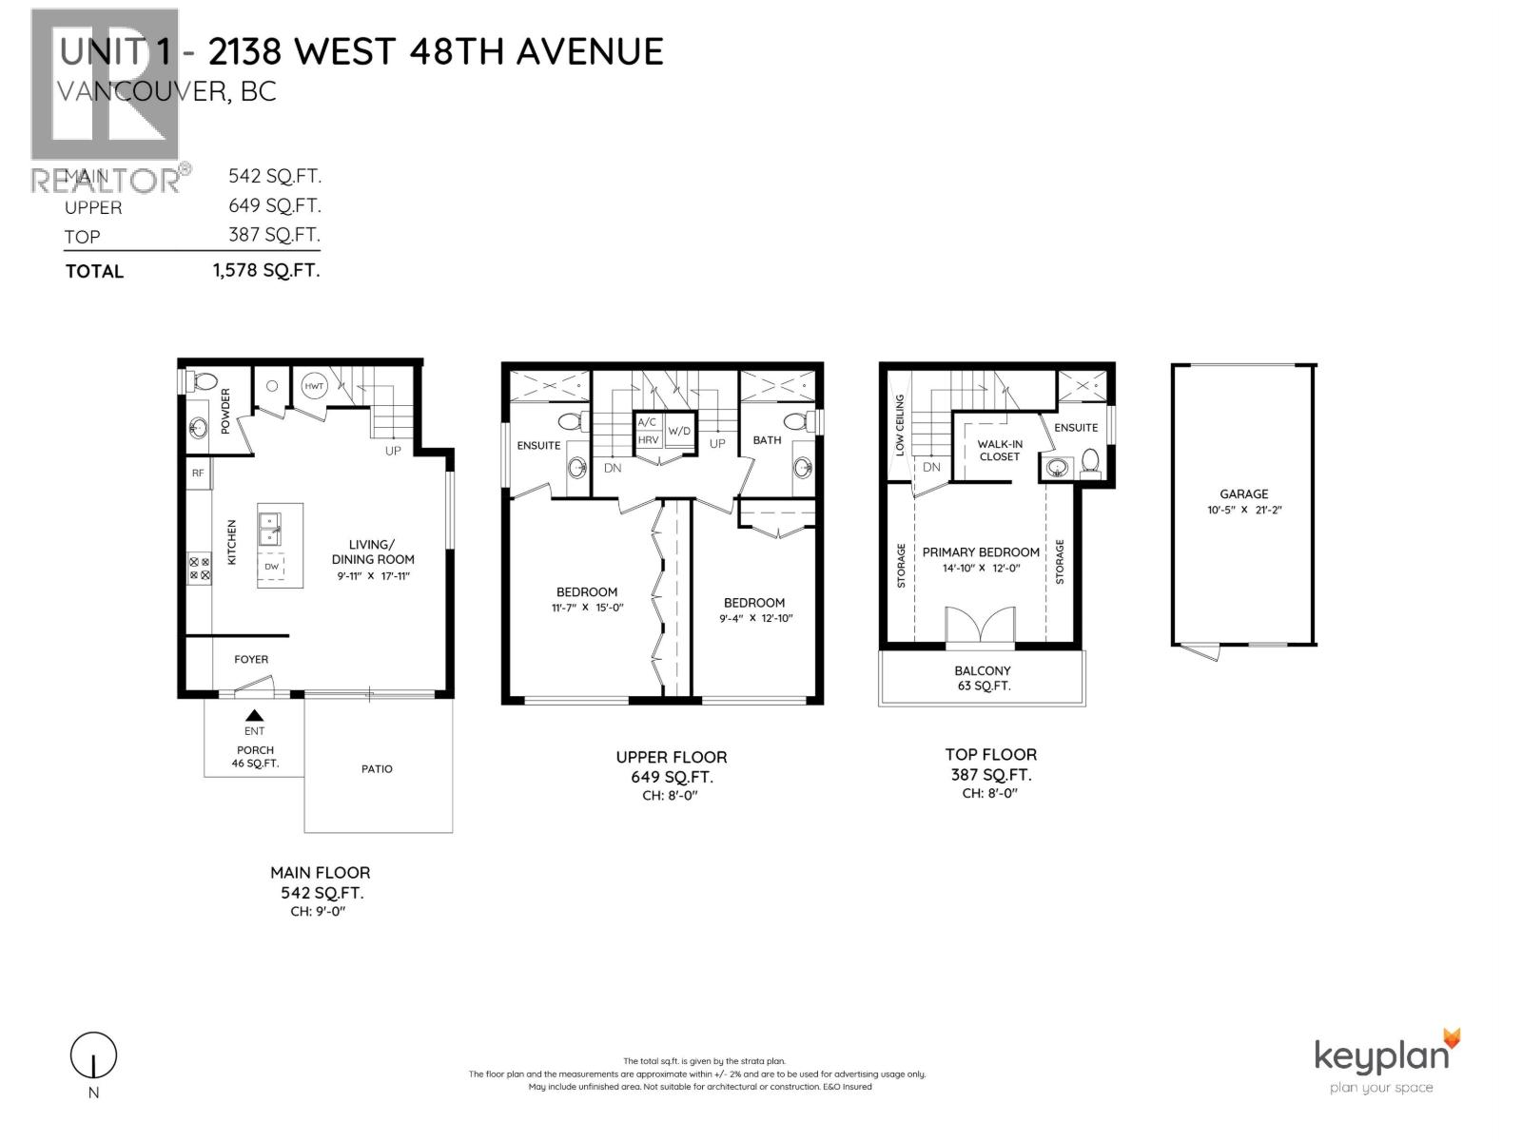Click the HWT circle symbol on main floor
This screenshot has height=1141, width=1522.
tap(315, 386)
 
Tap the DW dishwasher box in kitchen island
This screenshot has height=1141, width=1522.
tap(272, 567)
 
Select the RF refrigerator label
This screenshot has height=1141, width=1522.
tap(198, 473)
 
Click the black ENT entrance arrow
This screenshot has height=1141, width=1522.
tap(254, 716)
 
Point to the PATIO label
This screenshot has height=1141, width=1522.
tap(377, 768)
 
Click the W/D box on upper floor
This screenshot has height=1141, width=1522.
tap(679, 431)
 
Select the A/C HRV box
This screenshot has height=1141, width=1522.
tap(648, 431)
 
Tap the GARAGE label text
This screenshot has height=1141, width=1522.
tap(1244, 494)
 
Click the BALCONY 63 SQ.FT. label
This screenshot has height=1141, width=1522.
tap(983, 678)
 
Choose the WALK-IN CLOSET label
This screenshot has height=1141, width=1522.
tap(999, 450)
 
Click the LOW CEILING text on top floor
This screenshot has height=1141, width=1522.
tap(900, 426)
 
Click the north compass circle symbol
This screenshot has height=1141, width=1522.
tap(93, 1055)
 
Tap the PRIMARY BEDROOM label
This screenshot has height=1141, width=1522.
tap(981, 552)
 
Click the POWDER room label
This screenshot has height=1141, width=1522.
tap(225, 411)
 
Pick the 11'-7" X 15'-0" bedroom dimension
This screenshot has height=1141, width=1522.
tap(587, 607)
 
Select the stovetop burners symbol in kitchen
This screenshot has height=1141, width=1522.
tap(200, 569)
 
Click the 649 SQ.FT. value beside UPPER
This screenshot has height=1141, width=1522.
tap(274, 205)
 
